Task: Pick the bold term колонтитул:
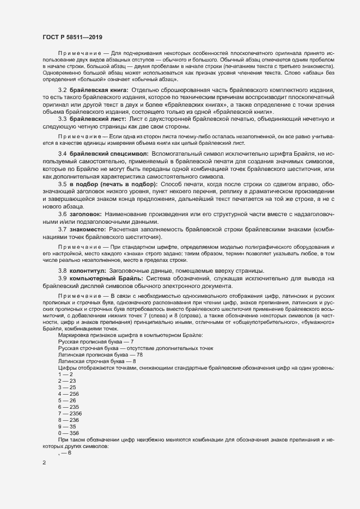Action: click(88, 271)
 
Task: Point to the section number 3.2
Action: click(63, 89)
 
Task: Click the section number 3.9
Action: click(63, 279)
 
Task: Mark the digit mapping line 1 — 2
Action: click(64, 374)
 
